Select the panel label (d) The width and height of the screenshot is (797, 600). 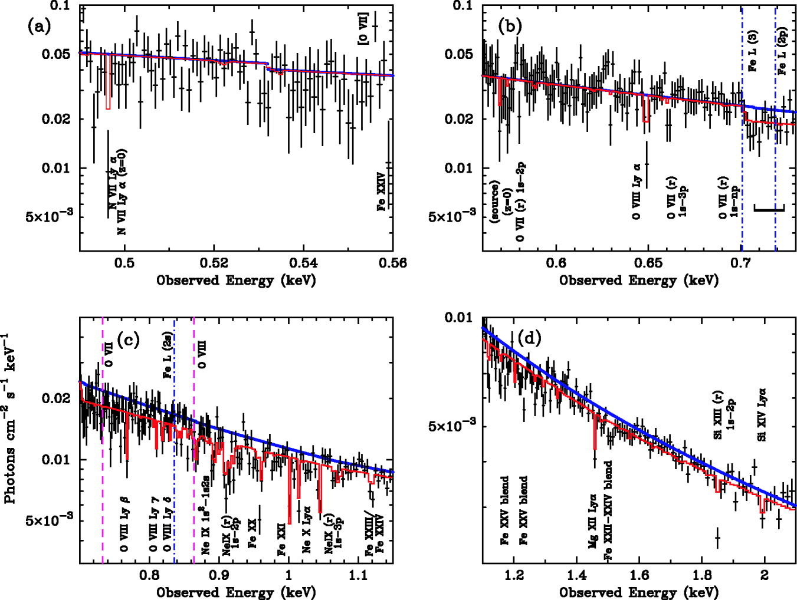[x=531, y=339]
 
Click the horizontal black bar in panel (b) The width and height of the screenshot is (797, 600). [x=769, y=208]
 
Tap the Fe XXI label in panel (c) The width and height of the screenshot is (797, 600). [x=281, y=542]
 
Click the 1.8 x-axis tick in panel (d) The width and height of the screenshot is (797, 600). [x=701, y=575]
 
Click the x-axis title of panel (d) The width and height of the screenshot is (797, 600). [x=639, y=592]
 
